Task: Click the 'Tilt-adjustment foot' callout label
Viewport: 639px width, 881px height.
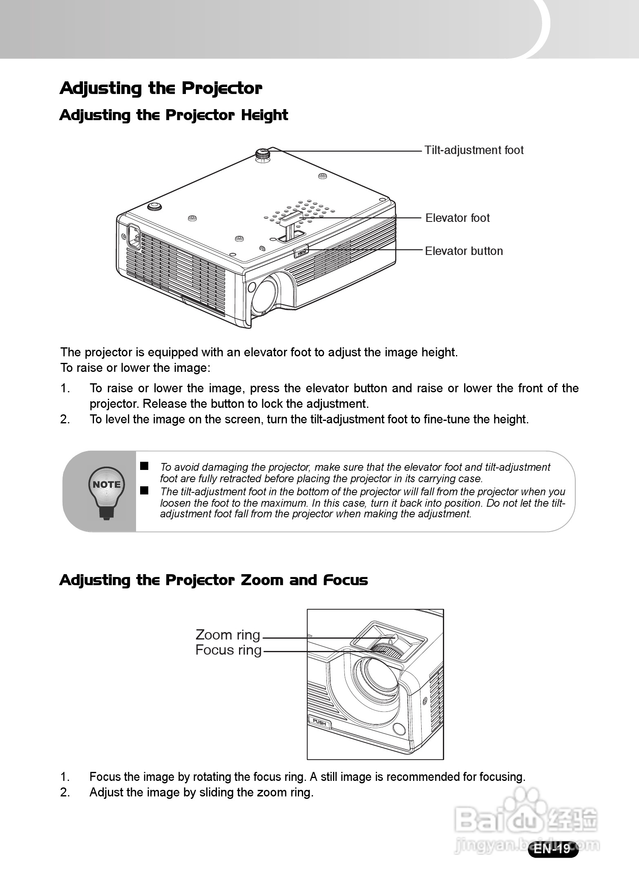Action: (x=474, y=150)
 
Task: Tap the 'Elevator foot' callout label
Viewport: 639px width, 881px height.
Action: (x=457, y=218)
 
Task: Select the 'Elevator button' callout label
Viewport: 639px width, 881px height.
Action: (x=464, y=251)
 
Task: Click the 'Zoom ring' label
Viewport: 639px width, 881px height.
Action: (x=228, y=635)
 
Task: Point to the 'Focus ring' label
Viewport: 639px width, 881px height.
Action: (x=228, y=650)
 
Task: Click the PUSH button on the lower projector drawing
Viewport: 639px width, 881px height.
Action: (x=319, y=722)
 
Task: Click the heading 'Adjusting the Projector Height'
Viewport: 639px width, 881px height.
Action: (x=174, y=115)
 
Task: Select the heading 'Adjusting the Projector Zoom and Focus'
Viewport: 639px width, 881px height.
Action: (x=214, y=580)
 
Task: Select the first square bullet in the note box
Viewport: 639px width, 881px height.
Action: (x=144, y=466)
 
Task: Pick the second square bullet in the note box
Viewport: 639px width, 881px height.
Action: (x=144, y=490)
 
